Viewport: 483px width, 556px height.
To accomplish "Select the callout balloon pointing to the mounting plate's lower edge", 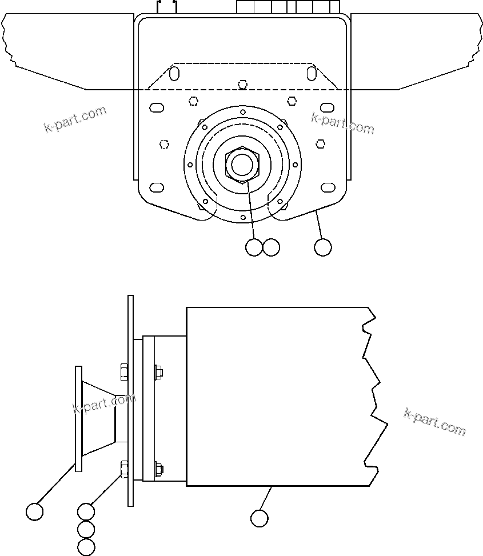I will click(x=323, y=247).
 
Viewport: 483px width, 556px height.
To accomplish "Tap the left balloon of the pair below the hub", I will click(x=253, y=247).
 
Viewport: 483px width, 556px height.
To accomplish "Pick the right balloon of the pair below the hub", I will click(x=271, y=247).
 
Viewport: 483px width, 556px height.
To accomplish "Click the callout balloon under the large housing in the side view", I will click(x=259, y=518).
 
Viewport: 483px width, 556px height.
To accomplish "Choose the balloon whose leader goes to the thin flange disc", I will click(x=35, y=511).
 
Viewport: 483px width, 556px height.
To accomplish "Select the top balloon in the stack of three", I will click(x=86, y=511).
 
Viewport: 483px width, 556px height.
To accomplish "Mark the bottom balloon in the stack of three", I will click(x=86, y=547).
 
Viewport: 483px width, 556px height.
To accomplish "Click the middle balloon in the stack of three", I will click(x=86, y=529).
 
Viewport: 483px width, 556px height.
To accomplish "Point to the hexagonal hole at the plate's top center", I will click(x=243, y=85).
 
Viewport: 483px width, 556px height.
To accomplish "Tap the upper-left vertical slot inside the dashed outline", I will click(x=175, y=73).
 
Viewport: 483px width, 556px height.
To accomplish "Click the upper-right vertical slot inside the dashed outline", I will click(x=312, y=73).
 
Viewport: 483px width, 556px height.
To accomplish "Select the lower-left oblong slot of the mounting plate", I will click(x=156, y=187).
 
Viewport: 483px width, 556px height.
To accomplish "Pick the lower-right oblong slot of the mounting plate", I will click(x=328, y=187).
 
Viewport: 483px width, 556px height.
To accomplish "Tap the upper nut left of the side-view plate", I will click(x=123, y=372).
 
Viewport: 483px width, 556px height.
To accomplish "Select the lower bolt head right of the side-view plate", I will click(x=158, y=469).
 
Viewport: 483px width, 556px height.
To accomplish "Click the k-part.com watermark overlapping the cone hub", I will click(x=104, y=403).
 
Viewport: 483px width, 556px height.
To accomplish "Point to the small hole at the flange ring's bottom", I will click(x=243, y=218).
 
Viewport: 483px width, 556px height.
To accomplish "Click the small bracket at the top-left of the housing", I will click(x=167, y=6).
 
